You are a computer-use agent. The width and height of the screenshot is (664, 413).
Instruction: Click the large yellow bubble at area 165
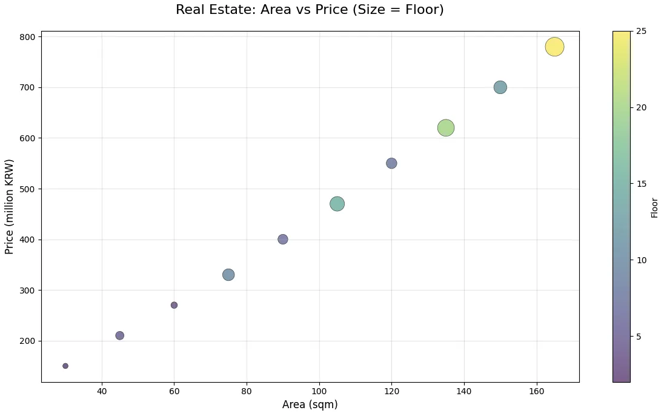[x=554, y=47]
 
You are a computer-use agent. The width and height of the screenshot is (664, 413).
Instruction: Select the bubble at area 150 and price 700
[x=500, y=87]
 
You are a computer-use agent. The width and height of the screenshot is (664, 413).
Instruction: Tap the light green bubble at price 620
[x=446, y=128]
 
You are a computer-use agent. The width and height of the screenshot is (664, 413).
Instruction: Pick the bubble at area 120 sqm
[x=391, y=163]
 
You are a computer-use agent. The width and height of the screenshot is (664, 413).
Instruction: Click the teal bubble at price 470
[x=337, y=204]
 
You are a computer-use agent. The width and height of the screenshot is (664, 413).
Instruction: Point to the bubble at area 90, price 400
[x=283, y=240]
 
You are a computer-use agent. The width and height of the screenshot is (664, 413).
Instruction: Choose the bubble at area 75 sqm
[x=228, y=275]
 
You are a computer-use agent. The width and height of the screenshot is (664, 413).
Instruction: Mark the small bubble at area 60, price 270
[x=174, y=305]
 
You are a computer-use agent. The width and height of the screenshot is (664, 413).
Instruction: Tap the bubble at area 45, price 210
[x=120, y=335]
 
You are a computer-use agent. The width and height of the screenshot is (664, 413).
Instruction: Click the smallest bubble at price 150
[x=65, y=366]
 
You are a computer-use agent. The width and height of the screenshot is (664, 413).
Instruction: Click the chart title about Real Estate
[x=310, y=10]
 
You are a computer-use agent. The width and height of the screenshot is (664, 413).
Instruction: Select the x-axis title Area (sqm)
[x=310, y=405]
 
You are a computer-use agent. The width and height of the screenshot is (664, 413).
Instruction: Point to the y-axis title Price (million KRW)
[x=9, y=207]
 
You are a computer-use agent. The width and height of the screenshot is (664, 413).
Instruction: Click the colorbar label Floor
[x=654, y=207]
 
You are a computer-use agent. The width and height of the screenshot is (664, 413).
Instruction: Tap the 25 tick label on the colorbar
[x=640, y=31]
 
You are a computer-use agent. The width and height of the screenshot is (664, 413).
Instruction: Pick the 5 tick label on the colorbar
[x=639, y=337]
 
